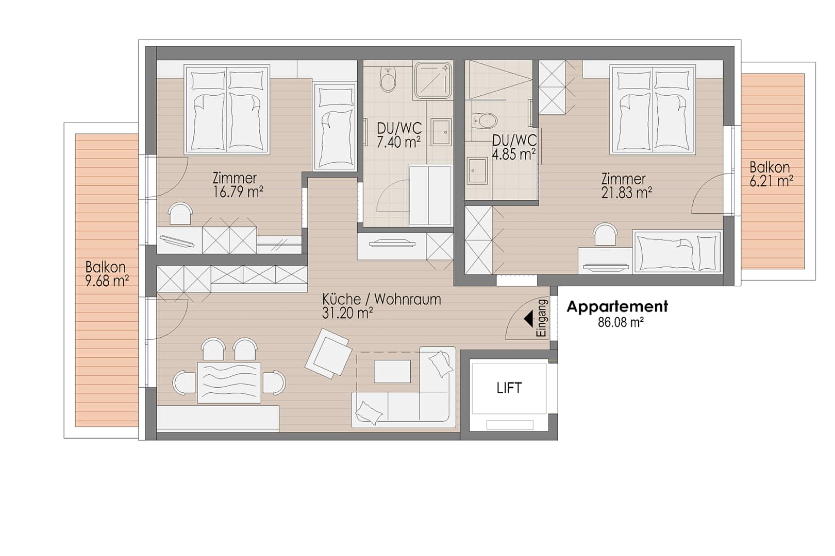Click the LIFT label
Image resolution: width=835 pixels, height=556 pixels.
(509, 388)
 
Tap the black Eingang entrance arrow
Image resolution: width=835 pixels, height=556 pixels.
(529, 319)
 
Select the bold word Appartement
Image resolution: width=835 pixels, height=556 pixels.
(617, 306)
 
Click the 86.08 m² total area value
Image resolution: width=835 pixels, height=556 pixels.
(621, 322)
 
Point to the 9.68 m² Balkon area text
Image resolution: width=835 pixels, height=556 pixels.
(107, 281)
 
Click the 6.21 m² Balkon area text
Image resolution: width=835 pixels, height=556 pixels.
(771, 181)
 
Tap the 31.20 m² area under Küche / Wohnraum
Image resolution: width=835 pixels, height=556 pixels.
(347, 313)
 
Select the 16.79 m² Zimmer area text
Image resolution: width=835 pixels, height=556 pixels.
(238, 192)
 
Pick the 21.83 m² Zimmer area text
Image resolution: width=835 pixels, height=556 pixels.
(627, 193)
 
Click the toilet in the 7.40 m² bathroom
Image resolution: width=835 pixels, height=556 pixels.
(388, 79)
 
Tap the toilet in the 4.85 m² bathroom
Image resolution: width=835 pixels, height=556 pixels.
(485, 120)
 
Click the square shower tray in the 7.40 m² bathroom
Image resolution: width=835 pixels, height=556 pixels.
(433, 80)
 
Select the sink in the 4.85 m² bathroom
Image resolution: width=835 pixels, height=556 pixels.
(477, 170)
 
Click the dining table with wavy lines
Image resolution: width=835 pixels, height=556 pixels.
(229, 383)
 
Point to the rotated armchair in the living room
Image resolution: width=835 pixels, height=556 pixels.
(328, 353)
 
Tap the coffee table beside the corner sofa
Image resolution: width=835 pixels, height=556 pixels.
(392, 371)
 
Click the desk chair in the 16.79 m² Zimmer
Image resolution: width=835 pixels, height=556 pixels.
(180, 213)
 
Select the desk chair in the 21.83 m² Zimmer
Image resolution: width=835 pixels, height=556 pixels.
(605, 234)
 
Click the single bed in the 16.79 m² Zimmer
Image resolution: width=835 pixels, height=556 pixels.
(335, 127)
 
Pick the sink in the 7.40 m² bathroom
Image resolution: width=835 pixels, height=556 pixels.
(441, 132)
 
